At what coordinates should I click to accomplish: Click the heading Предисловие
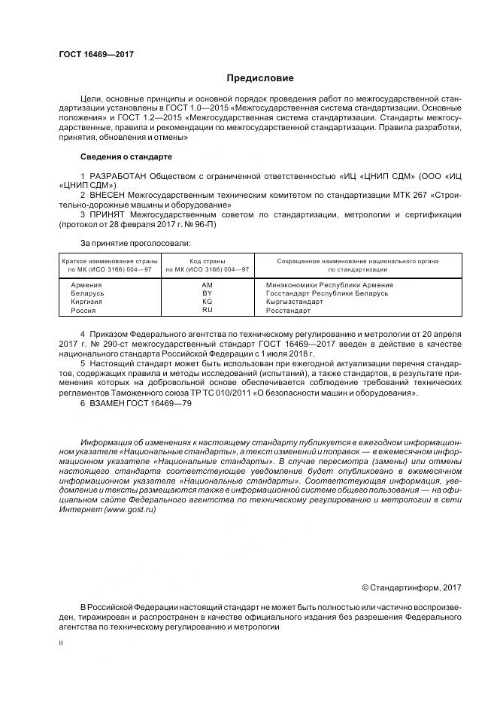coord(260,78)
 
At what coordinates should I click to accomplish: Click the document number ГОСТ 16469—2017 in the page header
coord(91,55)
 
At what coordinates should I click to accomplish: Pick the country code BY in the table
coord(208,293)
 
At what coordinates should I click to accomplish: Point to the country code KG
coord(208,301)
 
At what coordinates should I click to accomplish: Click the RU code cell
coord(208,309)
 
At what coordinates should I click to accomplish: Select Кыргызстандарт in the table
coord(295,301)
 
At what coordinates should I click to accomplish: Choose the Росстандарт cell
coord(289,309)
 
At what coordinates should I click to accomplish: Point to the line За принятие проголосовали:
coord(135,243)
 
